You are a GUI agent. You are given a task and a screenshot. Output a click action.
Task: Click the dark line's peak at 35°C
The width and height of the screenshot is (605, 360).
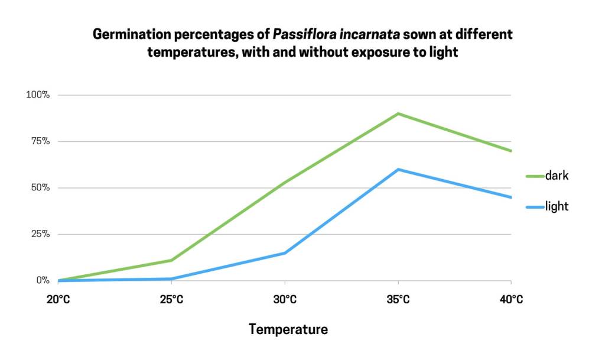point(398,113)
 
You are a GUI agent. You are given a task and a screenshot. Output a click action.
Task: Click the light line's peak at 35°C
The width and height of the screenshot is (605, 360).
point(398,170)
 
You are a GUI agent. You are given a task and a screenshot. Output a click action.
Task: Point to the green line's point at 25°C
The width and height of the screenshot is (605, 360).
point(171,260)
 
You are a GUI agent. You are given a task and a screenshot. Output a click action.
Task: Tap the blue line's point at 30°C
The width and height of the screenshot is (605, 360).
point(285,253)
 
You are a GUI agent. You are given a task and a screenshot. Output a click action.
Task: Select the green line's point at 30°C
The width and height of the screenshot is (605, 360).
point(285,183)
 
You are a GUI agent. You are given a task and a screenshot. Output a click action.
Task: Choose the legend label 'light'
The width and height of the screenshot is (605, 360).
point(557,206)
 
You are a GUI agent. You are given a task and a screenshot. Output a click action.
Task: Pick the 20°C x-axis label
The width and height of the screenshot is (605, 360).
point(58,300)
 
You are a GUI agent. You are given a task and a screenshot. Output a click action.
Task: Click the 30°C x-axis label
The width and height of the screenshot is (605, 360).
point(285,300)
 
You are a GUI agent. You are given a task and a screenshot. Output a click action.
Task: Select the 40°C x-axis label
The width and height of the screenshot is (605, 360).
point(511,300)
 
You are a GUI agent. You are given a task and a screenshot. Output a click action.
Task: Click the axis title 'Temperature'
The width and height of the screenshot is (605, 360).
point(288,329)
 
